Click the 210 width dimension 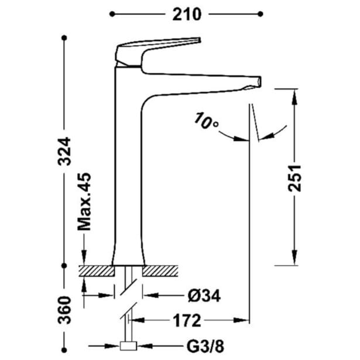pyautogui.click(x=187, y=14)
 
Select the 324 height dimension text pyautogui.click(x=64, y=151)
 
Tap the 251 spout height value pyautogui.click(x=294, y=178)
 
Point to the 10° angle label pyautogui.click(x=206, y=121)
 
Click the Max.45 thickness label pyautogui.click(x=84, y=201)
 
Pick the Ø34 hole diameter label pyautogui.click(x=204, y=296)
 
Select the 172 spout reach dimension pyautogui.click(x=187, y=321)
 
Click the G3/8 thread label pyautogui.click(x=205, y=346)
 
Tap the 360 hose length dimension pyautogui.click(x=64, y=310)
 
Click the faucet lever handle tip pyautogui.click(x=200, y=40)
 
